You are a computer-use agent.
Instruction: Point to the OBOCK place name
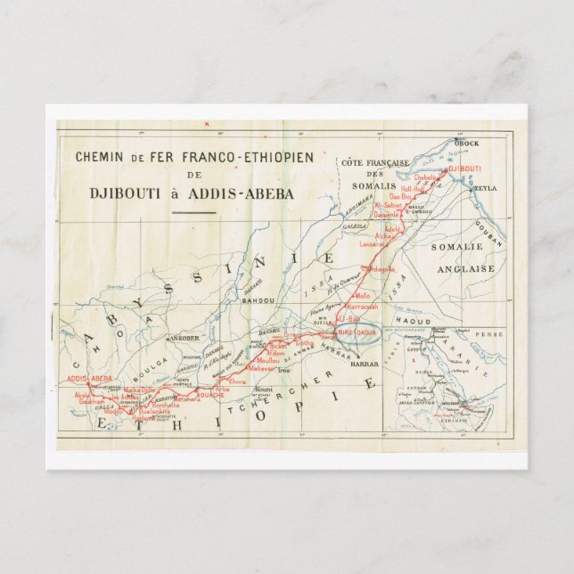466,143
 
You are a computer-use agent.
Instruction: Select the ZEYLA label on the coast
486,188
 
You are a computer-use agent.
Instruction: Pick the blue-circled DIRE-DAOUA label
356,332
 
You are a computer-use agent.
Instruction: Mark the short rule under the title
193,212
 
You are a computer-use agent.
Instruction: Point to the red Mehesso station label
262,367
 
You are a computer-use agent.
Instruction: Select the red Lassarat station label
372,242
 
